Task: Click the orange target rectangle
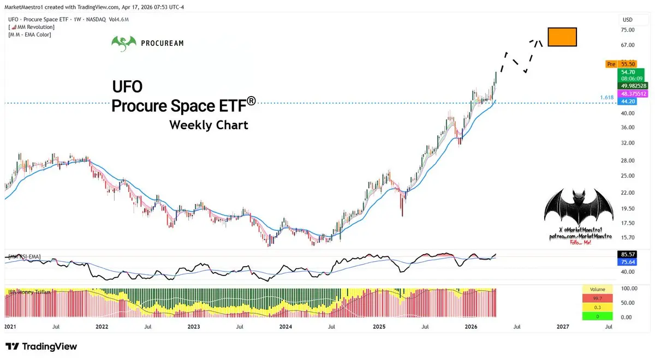[562, 37]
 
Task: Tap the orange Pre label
[611, 64]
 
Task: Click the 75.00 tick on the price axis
[628, 30]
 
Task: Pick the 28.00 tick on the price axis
[628, 160]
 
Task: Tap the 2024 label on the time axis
[285, 327]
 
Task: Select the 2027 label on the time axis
[562, 327]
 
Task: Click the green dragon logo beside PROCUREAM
[123, 43]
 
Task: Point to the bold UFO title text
[127, 87]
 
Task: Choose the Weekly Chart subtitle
[209, 125]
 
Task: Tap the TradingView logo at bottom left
[41, 346]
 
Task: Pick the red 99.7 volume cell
[598, 298]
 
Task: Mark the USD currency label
[628, 20]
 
